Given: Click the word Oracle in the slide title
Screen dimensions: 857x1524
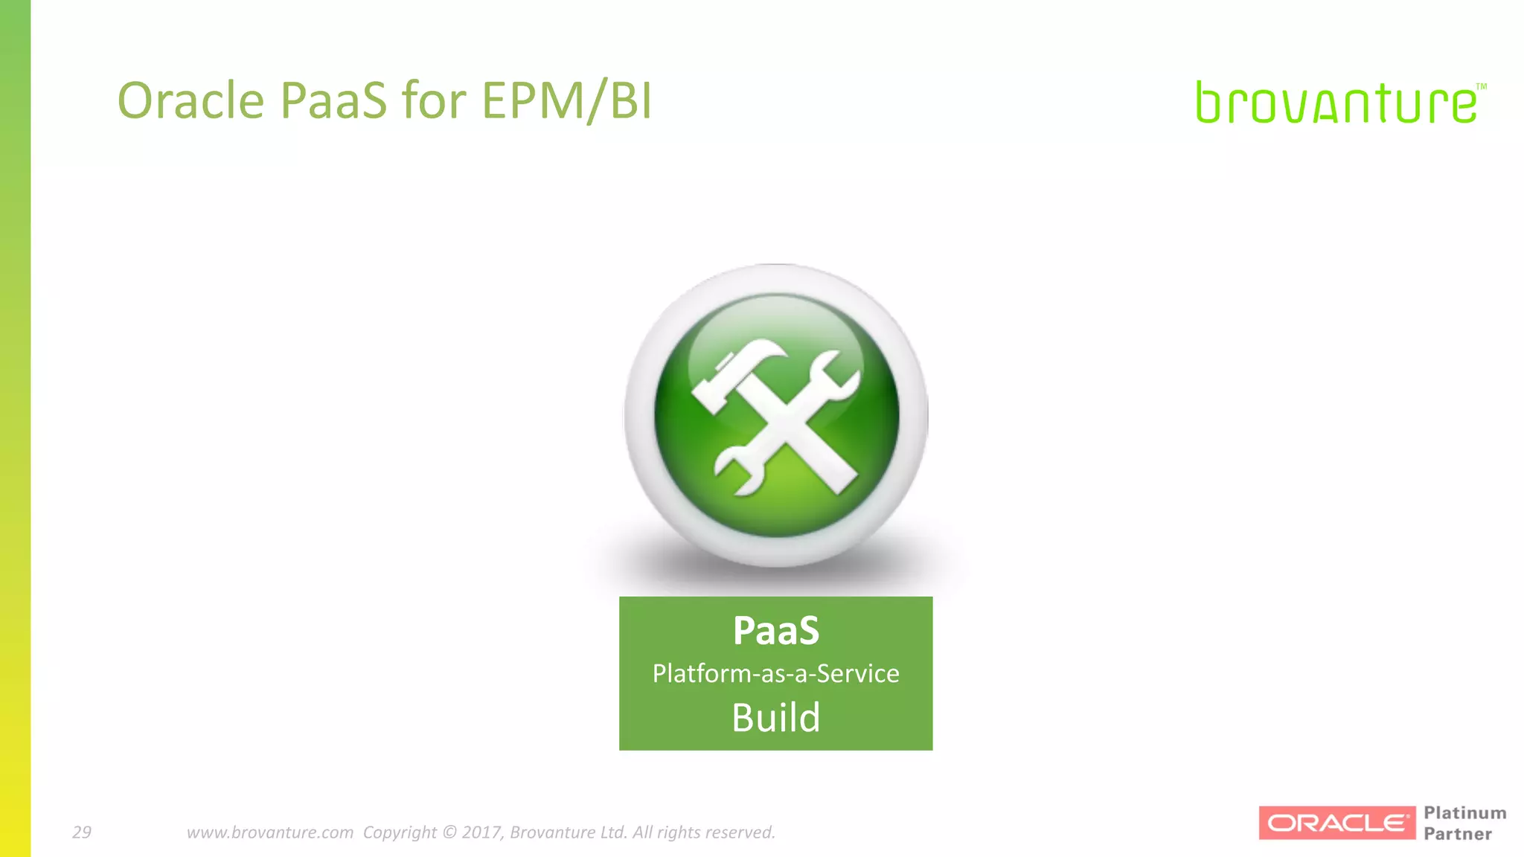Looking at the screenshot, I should point(190,100).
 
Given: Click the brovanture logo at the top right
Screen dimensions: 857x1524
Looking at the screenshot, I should point(1336,103).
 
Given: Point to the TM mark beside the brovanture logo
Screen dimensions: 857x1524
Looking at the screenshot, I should point(1481,87).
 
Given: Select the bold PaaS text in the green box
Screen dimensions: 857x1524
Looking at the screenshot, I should point(775,631).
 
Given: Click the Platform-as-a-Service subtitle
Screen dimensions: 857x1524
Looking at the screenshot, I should point(775,673).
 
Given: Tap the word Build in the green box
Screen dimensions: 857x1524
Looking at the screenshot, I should point(775,718).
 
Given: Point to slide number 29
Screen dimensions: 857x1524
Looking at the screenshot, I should point(82,832).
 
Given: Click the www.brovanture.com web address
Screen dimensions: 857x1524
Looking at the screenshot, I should point(269,832).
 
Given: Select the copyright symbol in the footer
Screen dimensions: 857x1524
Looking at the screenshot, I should point(449,832).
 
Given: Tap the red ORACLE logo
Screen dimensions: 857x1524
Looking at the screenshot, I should point(1336,823).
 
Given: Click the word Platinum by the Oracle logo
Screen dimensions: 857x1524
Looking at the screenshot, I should point(1464,813).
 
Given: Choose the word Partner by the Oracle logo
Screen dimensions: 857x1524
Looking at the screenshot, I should point(1457,834).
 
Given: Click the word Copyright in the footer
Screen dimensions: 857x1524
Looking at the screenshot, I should point(400,832).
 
